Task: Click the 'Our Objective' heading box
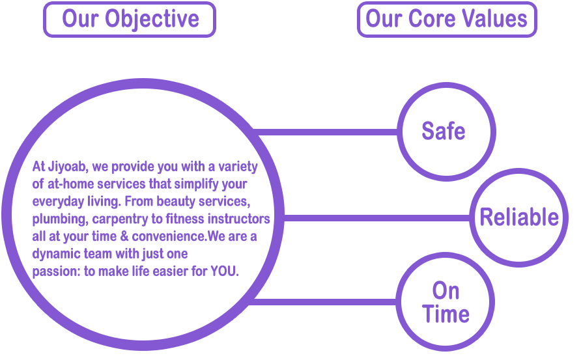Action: (129, 19)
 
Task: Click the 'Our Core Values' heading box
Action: (446, 19)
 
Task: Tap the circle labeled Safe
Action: (444, 132)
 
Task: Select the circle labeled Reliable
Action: (519, 217)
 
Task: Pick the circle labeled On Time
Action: (446, 302)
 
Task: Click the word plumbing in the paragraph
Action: (58, 219)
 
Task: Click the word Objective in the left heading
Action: (160, 19)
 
